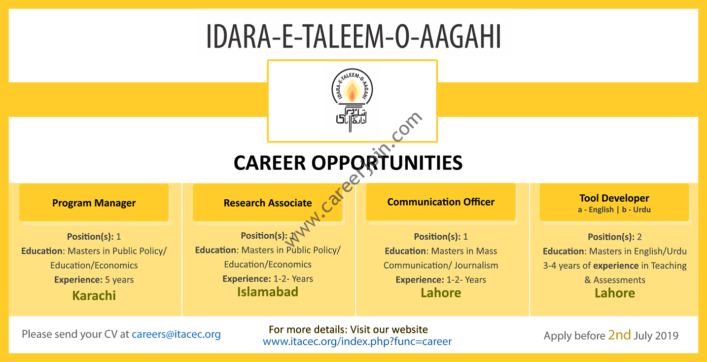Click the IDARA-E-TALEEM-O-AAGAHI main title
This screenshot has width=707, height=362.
point(353,36)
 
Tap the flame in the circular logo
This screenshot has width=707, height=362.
point(352,91)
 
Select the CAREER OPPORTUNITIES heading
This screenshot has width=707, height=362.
point(348,163)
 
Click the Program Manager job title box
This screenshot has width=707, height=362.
point(94,203)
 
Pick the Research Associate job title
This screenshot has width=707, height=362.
point(268,203)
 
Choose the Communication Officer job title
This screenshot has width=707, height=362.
point(441,202)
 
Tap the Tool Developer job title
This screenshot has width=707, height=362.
point(614,198)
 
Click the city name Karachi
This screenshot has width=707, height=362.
point(94,296)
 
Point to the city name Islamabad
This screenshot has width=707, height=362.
point(268,292)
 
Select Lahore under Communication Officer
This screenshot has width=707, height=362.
point(441,293)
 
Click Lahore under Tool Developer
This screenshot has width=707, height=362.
point(615,293)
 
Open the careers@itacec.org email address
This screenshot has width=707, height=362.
point(176,334)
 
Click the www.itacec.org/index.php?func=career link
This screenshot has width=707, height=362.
point(357,341)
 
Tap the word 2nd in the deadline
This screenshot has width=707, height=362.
point(619,335)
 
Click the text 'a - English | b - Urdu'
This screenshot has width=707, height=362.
point(614,210)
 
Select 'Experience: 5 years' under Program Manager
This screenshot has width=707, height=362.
point(94,280)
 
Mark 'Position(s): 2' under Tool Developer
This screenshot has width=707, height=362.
point(614,237)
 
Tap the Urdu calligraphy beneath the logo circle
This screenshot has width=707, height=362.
point(352,119)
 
